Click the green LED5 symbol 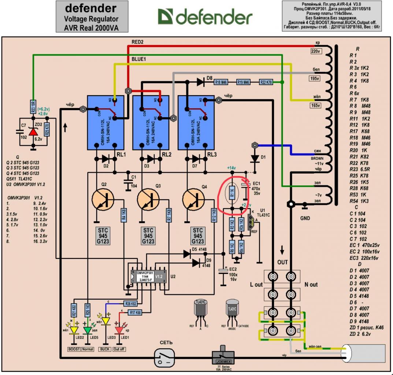point(88,330)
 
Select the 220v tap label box point(316,51)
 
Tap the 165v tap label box point(316,106)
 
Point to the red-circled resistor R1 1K point(232,192)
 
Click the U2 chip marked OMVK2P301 point(148,276)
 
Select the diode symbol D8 point(200,82)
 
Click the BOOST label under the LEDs point(74,349)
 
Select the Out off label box point(119,349)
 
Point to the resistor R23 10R point(33,108)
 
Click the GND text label point(305,219)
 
